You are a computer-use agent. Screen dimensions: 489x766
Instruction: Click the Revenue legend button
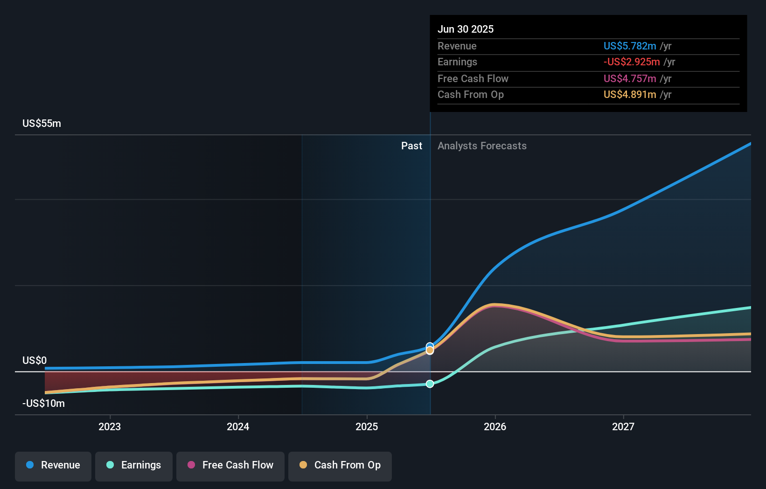coord(53,465)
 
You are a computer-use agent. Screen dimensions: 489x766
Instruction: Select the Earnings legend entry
coord(134,465)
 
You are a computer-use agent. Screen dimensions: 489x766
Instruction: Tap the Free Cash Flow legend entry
coord(230,465)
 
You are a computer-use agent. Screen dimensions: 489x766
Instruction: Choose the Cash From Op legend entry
coord(340,465)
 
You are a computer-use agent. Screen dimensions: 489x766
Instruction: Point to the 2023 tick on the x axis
coord(110,426)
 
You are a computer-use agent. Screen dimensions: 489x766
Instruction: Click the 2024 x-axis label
coord(238,426)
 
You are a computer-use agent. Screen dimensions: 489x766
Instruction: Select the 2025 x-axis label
coord(367,426)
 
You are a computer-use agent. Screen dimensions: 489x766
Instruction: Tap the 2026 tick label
coord(495,426)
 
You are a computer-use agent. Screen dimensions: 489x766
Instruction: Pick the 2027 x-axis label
coord(623,426)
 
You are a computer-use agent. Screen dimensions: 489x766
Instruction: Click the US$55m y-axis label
coord(42,124)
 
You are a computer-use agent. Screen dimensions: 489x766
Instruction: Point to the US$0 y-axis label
coord(35,361)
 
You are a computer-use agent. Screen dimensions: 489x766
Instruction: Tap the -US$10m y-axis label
coord(43,404)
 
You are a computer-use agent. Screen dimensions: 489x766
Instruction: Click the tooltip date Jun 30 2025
coord(466,29)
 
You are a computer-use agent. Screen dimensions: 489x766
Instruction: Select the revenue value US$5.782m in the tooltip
coord(630,46)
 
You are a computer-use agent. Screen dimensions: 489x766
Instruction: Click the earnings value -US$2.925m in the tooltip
coord(632,62)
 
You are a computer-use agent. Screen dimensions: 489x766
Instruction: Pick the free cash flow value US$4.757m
coord(630,79)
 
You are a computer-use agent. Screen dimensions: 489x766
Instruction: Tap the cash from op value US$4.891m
coord(630,95)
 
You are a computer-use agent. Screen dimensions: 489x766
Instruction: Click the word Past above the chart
coord(411,146)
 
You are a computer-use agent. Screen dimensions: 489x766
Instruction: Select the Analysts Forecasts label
coord(482,146)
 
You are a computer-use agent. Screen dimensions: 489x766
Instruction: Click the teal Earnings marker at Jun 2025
coord(430,384)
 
